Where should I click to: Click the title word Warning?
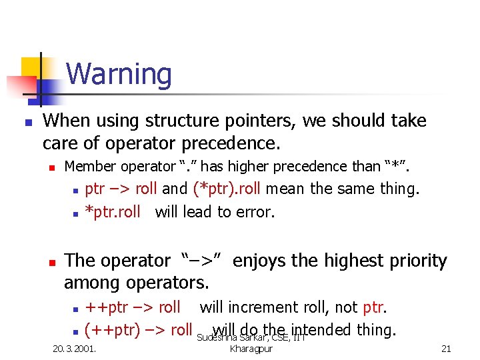point(119,74)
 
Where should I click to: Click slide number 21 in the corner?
point(446,348)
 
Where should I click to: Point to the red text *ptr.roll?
point(113,212)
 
